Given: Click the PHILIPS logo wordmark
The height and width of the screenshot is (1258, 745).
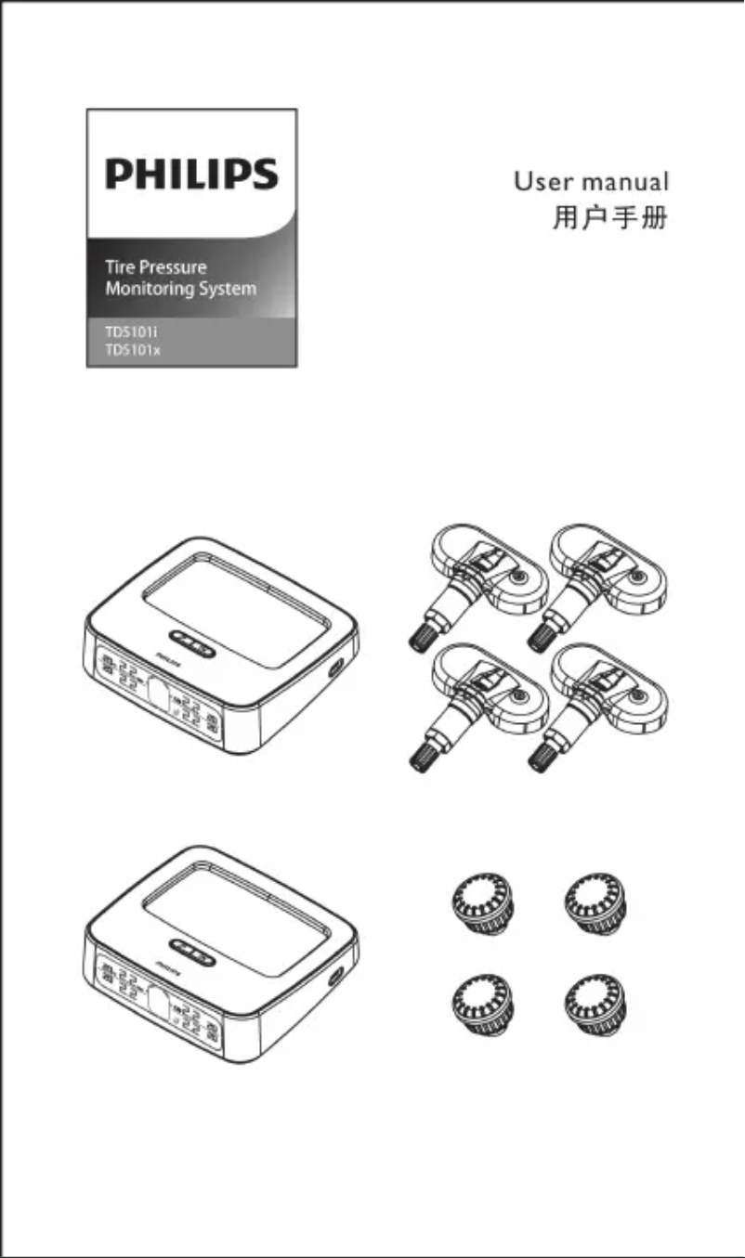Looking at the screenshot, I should coord(191,175).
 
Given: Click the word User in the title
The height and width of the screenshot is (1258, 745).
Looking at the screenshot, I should coord(543,181).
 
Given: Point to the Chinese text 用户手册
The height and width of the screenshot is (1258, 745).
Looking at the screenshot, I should coord(610,221).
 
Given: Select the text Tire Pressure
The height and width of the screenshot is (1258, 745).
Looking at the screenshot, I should coord(156,267).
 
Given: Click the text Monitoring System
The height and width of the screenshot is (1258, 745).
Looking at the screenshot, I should coord(180,289).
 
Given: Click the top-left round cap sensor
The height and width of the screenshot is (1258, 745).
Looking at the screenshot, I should coord(480,901).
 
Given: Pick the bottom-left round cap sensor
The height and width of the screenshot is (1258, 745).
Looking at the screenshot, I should coord(480,1004).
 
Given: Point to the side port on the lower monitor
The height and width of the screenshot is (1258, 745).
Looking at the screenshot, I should coord(337,977).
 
